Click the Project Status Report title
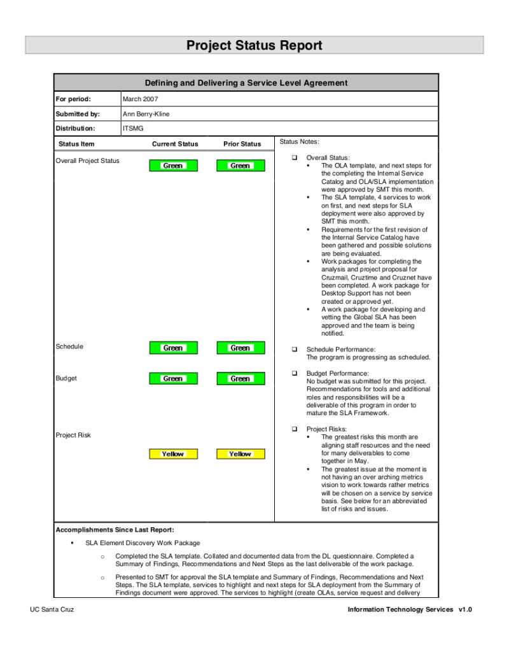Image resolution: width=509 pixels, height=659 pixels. tap(254, 45)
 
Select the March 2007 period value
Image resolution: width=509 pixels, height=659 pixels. tap(141, 99)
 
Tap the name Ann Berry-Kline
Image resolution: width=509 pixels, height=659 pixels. tap(146, 114)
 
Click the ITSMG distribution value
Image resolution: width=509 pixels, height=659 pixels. tap(133, 129)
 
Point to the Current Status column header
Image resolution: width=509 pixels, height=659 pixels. tap(175, 144)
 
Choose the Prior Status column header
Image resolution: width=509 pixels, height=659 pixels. tap(242, 144)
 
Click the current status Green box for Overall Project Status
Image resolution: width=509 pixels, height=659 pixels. tap(173, 166)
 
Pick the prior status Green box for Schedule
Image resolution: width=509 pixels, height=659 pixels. tap(241, 348)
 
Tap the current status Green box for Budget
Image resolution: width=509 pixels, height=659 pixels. tap(173, 378)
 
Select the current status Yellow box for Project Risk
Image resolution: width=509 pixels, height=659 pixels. tap(173, 454)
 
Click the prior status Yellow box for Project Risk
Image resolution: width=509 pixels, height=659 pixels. tap(241, 454)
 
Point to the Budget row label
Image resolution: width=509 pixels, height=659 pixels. tap(66, 378)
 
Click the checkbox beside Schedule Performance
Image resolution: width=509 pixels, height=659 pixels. tap(295, 350)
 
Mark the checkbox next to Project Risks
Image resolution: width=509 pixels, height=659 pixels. tap(295, 429)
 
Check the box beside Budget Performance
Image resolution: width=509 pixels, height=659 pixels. tap(295, 373)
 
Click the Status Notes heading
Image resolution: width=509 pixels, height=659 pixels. tap(300, 141)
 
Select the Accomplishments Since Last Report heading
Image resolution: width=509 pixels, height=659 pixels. tap(115, 530)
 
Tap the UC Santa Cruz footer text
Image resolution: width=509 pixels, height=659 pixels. tap(52, 609)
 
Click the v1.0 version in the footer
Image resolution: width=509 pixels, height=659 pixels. tap(465, 609)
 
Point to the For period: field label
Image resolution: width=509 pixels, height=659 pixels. tap(74, 99)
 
